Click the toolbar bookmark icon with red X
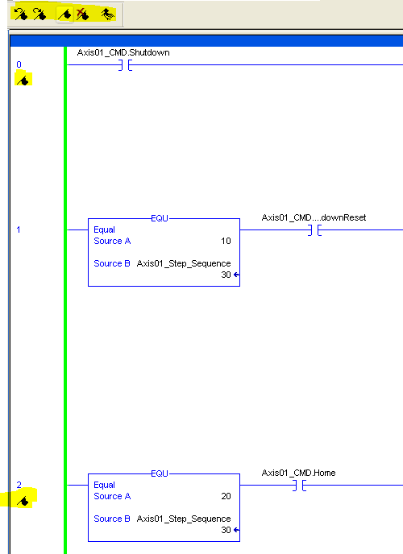pyautogui.click(x=82, y=13)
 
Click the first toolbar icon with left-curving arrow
pyautogui.click(x=20, y=13)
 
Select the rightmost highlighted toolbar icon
pyautogui.click(x=106, y=13)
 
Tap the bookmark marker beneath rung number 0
pyautogui.click(x=24, y=80)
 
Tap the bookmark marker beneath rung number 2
pyautogui.click(x=24, y=501)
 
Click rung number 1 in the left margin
pyautogui.click(x=19, y=230)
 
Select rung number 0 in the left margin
pyautogui.click(x=19, y=64)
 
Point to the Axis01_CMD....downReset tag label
pyautogui.click(x=314, y=218)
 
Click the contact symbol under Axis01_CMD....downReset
pyautogui.click(x=314, y=230)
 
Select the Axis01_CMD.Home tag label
pyautogui.click(x=298, y=473)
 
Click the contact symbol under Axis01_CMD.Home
pyautogui.click(x=298, y=486)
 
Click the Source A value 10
pyautogui.click(x=225, y=241)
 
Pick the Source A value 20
pyautogui.click(x=225, y=496)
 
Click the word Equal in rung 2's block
pyautogui.click(x=104, y=485)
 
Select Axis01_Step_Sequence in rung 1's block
pyautogui.click(x=184, y=263)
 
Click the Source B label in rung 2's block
pyautogui.click(x=112, y=519)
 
